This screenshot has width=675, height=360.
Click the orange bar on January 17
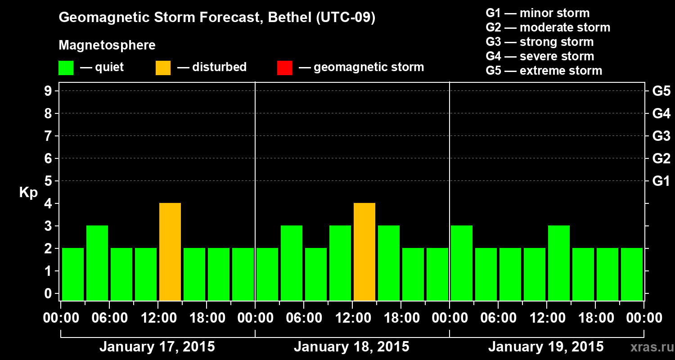tap(170, 252)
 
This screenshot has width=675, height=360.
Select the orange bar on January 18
tap(364, 252)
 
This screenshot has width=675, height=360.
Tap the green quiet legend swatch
tap(66, 67)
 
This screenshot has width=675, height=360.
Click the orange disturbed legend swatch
tap(163, 67)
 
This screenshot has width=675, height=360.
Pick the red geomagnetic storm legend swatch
tap(284, 67)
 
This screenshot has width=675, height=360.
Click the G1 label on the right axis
tap(661, 181)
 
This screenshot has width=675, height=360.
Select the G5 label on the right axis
tap(661, 91)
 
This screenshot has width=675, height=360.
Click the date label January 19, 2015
tap(546, 347)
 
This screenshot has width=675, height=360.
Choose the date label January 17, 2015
tap(157, 347)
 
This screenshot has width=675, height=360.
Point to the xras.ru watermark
tap(650, 347)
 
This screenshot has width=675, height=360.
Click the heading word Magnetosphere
tap(107, 45)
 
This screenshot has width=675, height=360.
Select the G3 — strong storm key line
tap(540, 42)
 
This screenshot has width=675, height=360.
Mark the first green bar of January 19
tap(462, 263)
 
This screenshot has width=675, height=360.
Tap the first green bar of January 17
tap(73, 274)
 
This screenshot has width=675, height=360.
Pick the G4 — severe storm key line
tap(540, 56)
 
